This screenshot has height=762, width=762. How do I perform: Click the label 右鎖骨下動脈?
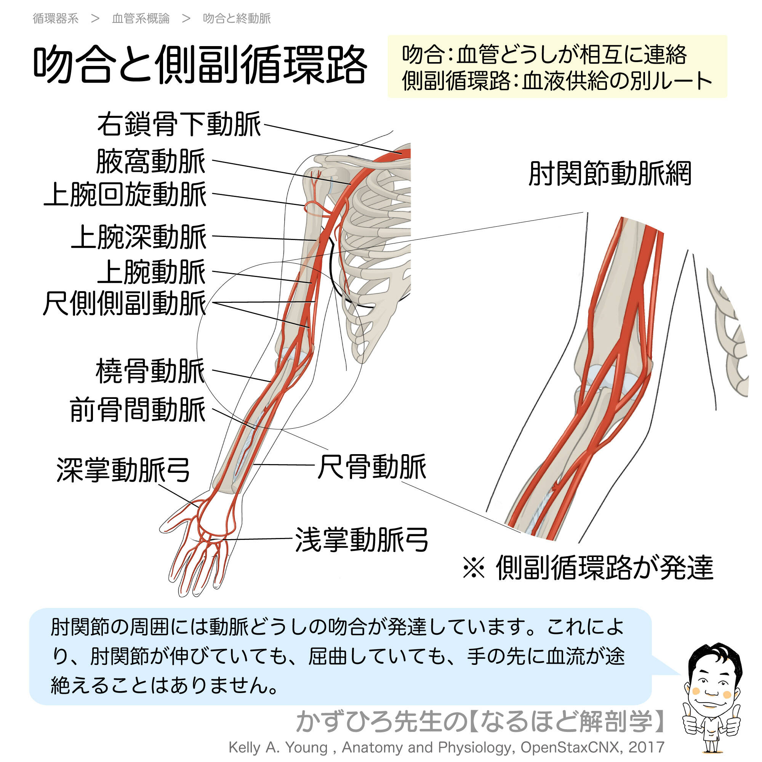click(x=179, y=124)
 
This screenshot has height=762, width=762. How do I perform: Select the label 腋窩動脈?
click(x=150, y=161)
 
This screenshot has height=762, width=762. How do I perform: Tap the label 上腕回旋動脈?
click(x=125, y=194)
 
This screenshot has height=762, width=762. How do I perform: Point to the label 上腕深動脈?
click(x=139, y=237)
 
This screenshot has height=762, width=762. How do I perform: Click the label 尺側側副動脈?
click(x=124, y=303)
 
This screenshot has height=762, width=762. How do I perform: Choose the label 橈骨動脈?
click(x=150, y=371)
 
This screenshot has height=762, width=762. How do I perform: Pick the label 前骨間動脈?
click(x=138, y=410)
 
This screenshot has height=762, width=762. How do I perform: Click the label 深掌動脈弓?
click(x=123, y=470)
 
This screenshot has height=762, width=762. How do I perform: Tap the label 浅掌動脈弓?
click(x=361, y=539)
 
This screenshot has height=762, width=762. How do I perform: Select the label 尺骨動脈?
click(x=371, y=467)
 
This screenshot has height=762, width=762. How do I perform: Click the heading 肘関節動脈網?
click(x=609, y=173)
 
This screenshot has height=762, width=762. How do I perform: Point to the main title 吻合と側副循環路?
click(x=200, y=64)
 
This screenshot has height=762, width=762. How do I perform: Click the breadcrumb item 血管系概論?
click(x=141, y=19)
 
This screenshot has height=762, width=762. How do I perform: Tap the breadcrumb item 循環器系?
click(x=56, y=19)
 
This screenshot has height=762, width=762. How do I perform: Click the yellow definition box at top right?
click(x=557, y=67)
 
